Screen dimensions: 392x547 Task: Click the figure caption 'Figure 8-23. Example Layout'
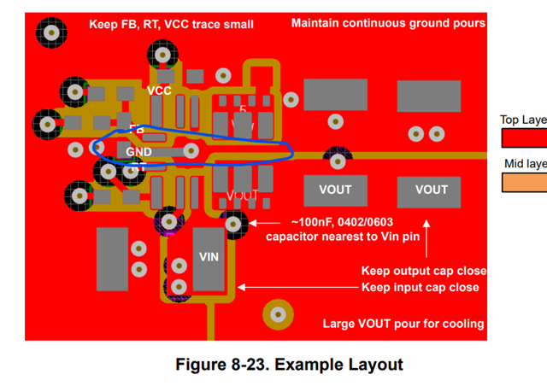click(x=289, y=365)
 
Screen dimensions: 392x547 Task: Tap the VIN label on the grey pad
click(x=209, y=256)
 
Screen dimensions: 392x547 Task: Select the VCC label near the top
click(x=159, y=91)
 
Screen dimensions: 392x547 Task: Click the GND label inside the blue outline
click(x=138, y=152)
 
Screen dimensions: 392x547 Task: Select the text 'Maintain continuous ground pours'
click(x=388, y=23)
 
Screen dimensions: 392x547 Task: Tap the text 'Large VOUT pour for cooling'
click(x=403, y=324)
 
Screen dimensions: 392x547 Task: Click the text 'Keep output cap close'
click(x=424, y=271)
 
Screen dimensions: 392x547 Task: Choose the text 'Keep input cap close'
click(x=420, y=287)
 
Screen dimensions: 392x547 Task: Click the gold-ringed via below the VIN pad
click(x=277, y=314)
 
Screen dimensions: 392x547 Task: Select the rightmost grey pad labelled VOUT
click(x=431, y=190)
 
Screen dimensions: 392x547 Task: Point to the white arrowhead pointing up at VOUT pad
click(x=427, y=226)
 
